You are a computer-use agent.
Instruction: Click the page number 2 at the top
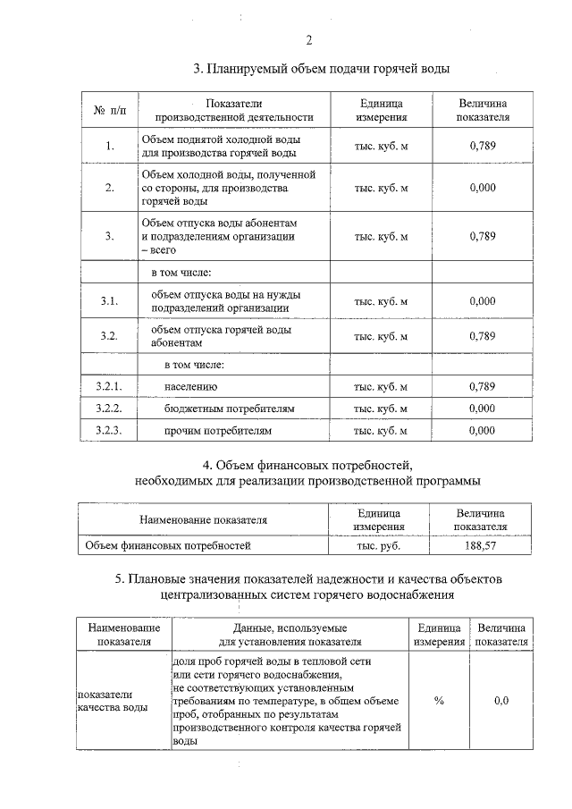coord(308,39)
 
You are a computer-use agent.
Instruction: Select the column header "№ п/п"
coord(110,110)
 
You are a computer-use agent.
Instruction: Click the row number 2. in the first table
coord(110,188)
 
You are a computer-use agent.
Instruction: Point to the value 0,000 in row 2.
coord(482,188)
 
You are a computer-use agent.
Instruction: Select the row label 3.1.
coord(110,301)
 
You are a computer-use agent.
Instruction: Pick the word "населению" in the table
coord(191,387)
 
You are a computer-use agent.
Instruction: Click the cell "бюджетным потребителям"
coord(229,409)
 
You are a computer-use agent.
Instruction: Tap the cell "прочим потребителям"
coord(217,430)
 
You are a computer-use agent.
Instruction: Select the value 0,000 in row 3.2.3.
coord(482,430)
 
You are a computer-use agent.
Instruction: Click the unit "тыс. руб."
coord(379,544)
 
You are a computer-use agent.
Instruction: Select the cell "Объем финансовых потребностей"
coord(167,544)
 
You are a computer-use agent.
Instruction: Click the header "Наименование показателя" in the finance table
coord(203,519)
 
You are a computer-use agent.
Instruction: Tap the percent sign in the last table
coord(439,701)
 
